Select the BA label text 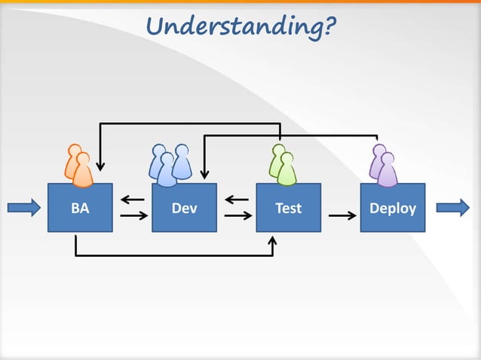click(x=79, y=208)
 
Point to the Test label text click(x=288, y=208)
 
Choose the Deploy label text click(x=392, y=208)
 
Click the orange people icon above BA click(x=78, y=165)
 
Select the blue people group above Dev click(x=170, y=164)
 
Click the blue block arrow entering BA click(x=25, y=207)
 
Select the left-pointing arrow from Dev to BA click(x=133, y=200)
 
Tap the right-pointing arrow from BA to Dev click(x=133, y=216)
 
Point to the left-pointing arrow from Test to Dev click(x=237, y=200)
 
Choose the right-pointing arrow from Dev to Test click(x=237, y=216)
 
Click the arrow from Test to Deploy click(x=343, y=216)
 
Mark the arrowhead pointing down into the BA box click(x=100, y=166)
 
